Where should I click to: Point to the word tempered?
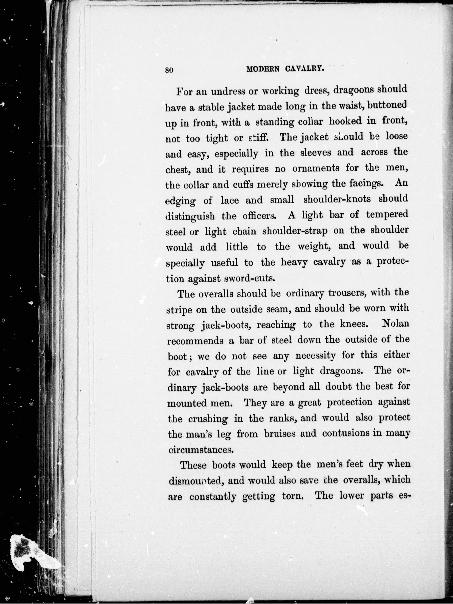click(x=387, y=215)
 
